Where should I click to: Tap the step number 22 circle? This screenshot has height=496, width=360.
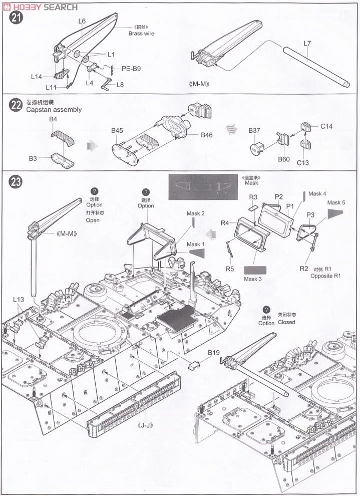[x=16, y=105]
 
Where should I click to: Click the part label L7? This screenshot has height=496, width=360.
[x=307, y=44]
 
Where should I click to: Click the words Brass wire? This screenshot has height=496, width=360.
[x=141, y=33]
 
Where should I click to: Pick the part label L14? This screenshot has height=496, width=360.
[x=37, y=77]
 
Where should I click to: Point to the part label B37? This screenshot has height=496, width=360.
[x=255, y=131]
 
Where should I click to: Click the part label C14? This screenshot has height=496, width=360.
[x=326, y=126]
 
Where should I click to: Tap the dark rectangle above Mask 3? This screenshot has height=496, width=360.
[x=255, y=269]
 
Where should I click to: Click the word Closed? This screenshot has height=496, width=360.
[x=287, y=322]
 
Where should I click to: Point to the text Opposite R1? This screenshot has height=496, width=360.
[x=325, y=276]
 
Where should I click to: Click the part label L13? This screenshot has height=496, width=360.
[x=19, y=299]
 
